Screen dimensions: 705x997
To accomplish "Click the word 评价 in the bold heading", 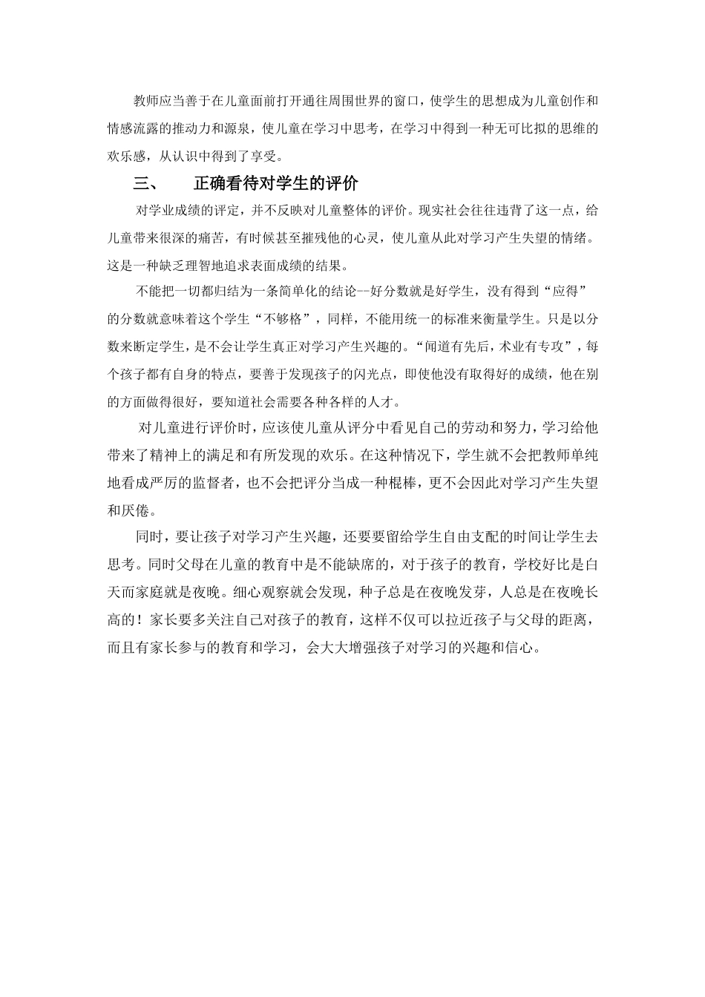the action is click(x=343, y=184).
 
